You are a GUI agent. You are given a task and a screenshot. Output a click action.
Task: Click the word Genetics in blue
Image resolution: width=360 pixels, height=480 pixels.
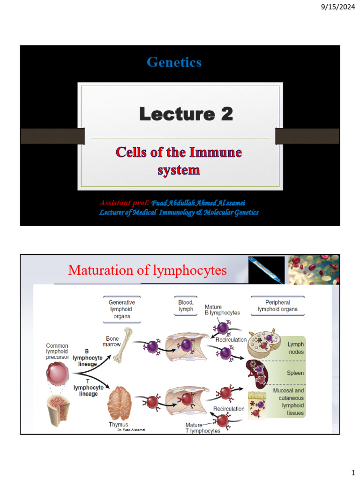[174, 62]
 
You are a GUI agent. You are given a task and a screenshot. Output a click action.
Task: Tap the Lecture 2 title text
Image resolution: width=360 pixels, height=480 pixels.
[186, 114]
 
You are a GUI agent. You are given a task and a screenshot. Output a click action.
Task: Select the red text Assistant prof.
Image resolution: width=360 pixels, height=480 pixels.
[124, 202]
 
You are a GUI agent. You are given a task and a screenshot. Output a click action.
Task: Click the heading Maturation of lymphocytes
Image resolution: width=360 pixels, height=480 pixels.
[147, 270]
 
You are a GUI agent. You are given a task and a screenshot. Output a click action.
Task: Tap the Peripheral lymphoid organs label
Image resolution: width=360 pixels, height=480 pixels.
[277, 306]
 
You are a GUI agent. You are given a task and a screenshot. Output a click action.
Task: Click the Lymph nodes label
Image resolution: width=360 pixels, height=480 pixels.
[295, 348]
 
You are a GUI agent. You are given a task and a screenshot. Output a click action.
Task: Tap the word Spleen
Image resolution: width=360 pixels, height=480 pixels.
[295, 374]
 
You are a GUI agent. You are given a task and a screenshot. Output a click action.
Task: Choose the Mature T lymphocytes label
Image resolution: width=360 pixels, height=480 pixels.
[202, 428]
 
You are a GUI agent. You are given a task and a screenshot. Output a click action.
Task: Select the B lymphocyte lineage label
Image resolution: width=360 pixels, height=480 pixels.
[88, 357]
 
